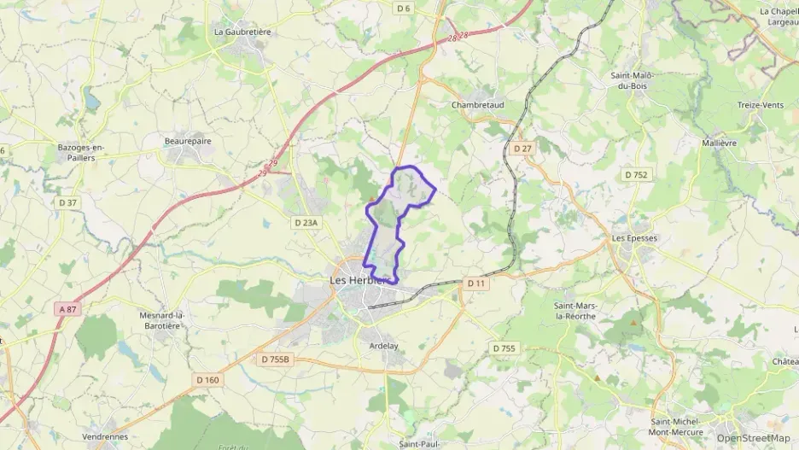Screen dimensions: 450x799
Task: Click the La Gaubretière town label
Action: coord(242,32)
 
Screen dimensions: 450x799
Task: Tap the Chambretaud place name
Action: coord(477,105)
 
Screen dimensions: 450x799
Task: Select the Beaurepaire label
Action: coord(188,140)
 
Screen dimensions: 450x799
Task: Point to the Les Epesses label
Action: coord(635,238)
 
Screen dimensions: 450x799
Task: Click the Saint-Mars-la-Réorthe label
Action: coord(575,311)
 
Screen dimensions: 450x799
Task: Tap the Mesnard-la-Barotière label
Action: coord(163,320)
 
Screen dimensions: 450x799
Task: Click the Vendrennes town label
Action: coord(105,436)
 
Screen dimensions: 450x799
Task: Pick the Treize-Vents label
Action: coord(760,105)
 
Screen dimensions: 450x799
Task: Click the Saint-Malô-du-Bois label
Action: coord(633,80)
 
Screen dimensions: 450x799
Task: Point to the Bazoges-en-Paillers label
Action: coord(81,152)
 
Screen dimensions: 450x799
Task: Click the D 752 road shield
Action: coord(636,174)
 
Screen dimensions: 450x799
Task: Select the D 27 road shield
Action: coord(522,149)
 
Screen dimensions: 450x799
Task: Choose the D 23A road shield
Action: coord(306,223)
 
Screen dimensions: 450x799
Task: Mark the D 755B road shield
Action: coord(275,359)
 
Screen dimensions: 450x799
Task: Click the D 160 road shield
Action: coord(207,380)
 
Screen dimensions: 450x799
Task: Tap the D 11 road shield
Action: coord(475,283)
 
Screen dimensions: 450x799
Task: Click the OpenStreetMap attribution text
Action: coord(754,438)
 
